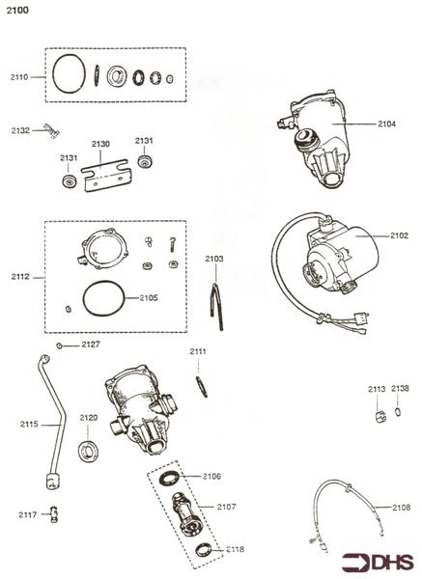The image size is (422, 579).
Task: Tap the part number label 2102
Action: tap(399, 234)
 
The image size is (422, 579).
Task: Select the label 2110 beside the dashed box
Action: tap(20, 75)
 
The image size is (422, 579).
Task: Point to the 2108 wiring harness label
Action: tap(401, 507)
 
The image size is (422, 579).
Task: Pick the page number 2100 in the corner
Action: tap(16, 9)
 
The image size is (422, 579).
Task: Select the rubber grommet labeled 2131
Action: tap(70, 181)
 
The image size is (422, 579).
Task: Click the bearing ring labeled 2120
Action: tap(90, 449)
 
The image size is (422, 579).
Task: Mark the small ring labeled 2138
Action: tap(399, 414)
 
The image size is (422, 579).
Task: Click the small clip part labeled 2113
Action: tap(379, 415)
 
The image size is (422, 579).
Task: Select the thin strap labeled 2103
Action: tap(214, 295)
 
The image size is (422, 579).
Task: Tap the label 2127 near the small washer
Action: tap(89, 345)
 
